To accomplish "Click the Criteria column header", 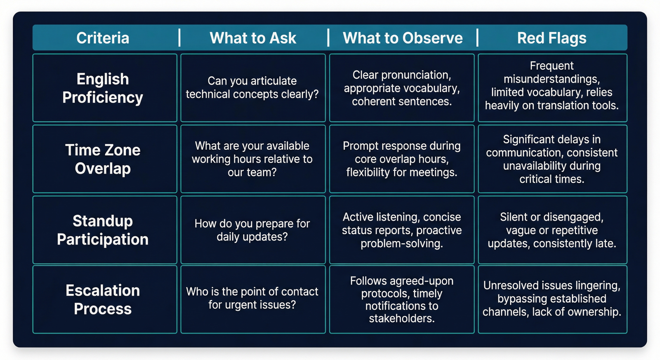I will point(103,38).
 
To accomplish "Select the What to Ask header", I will point(253,38).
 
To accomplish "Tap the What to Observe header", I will point(403,38).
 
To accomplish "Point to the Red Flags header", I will point(552,38).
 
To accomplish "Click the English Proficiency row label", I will point(103,88).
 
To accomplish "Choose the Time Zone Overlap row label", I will point(103,159).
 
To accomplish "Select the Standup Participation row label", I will point(103,230).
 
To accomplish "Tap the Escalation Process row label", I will point(103,299).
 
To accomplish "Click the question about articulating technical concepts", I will point(252,87).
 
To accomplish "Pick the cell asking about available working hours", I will point(252,159).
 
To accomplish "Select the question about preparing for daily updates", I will point(252,230).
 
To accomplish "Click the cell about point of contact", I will point(252,298).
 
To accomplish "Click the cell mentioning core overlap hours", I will point(402,159).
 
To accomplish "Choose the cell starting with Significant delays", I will point(552,159).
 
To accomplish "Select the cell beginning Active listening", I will point(402,230).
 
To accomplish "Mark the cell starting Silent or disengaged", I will point(552,230).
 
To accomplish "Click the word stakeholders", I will point(401,319).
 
